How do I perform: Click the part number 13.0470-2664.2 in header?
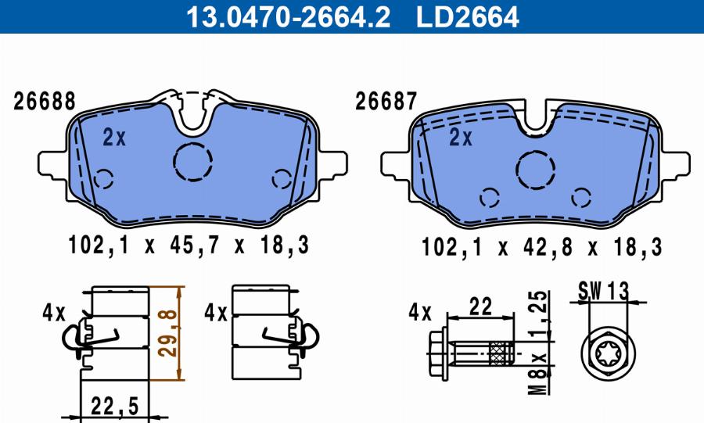(x=288, y=16)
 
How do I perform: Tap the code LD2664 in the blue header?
(x=468, y=16)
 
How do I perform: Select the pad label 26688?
(x=44, y=102)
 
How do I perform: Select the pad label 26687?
(x=386, y=102)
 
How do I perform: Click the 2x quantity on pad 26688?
(x=114, y=138)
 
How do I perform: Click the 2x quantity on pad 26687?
(x=461, y=138)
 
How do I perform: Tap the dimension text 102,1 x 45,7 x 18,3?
(x=189, y=246)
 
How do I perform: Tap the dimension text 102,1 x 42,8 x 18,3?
(x=541, y=247)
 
